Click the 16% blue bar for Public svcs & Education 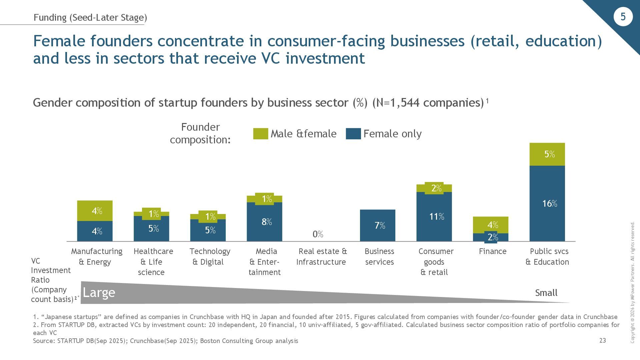pyautogui.click(x=547, y=203)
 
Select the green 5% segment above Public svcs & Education pyautogui.click(x=547, y=154)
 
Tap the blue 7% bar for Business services pyautogui.click(x=377, y=225)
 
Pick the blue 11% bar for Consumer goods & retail pyautogui.click(x=434, y=217)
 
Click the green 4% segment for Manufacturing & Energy pyautogui.click(x=95, y=211)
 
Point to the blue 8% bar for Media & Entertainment pyautogui.click(x=264, y=222)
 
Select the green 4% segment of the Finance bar pyautogui.click(x=491, y=224)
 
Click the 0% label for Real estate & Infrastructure pyautogui.click(x=318, y=234)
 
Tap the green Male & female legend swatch pyautogui.click(x=260, y=134)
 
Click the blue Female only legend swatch pyautogui.click(x=353, y=134)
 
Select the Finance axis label pyautogui.click(x=492, y=251)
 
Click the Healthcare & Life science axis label pyautogui.click(x=153, y=262)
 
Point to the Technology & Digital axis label pyautogui.click(x=210, y=256)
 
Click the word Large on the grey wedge pyautogui.click(x=99, y=293)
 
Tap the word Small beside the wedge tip pyautogui.click(x=546, y=293)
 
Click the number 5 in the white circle pyautogui.click(x=623, y=17)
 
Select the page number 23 pyautogui.click(x=603, y=340)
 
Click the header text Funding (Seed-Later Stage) pyautogui.click(x=90, y=17)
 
